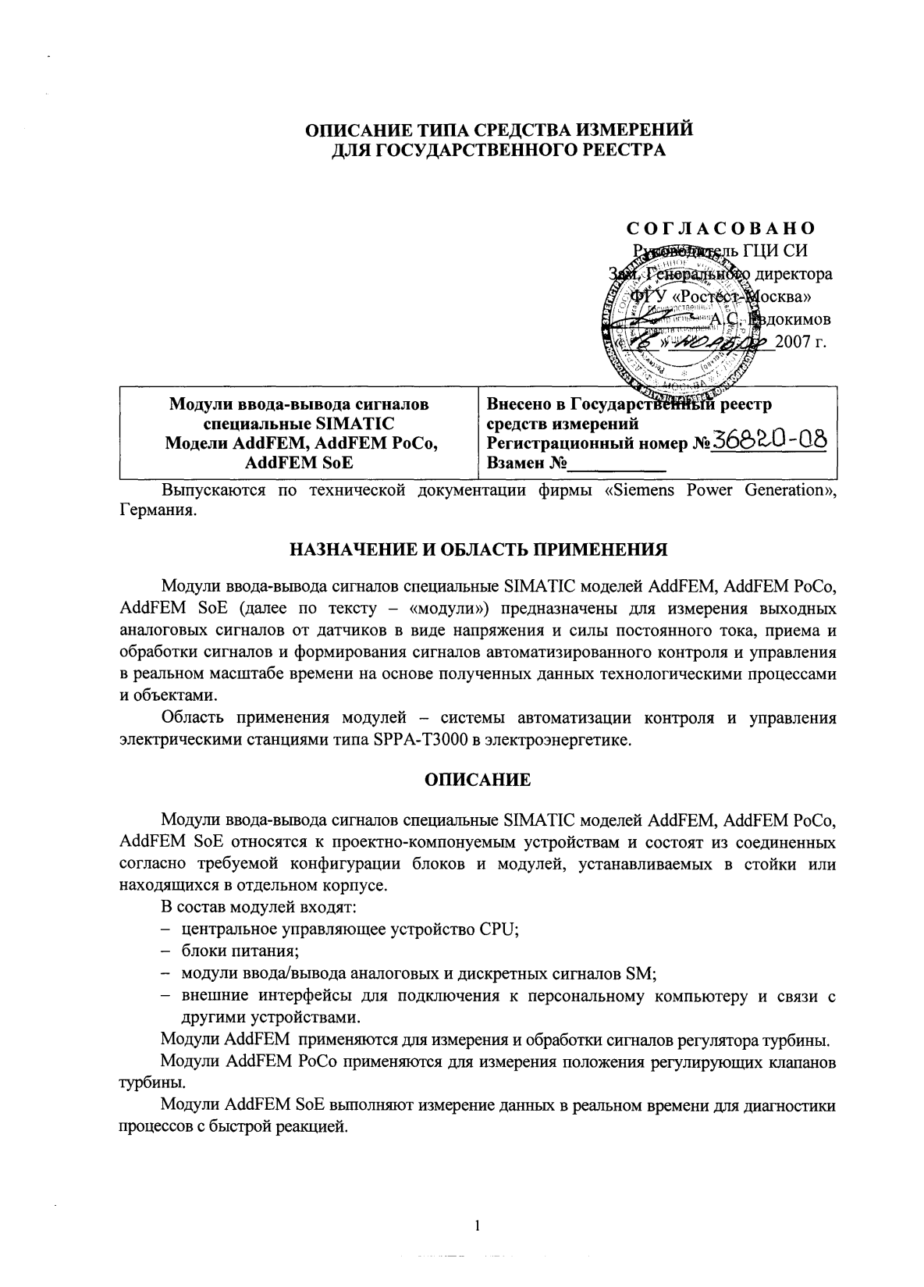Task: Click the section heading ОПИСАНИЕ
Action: click(x=478, y=780)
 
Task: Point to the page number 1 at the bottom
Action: click(x=477, y=1225)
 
